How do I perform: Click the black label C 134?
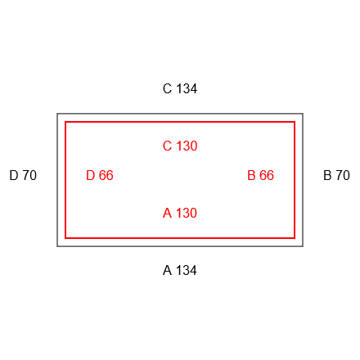180,88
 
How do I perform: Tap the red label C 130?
180,146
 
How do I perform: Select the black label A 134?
180,270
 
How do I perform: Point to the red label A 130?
180,213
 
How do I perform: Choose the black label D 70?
23,175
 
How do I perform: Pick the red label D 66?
100,175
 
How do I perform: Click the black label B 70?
336,175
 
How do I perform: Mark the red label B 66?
260,175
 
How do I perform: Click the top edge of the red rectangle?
180,122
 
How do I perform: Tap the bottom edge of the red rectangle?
180,238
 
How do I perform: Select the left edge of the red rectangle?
65,180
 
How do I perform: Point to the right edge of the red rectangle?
295,180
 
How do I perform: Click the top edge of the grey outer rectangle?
180,114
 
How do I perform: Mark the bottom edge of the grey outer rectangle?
180,246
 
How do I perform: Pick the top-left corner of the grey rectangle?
57,114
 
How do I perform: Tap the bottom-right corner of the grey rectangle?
303,246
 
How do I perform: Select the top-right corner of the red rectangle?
295,122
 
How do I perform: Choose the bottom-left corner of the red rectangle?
65,238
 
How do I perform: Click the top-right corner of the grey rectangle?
303,114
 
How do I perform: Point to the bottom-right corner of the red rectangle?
295,238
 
